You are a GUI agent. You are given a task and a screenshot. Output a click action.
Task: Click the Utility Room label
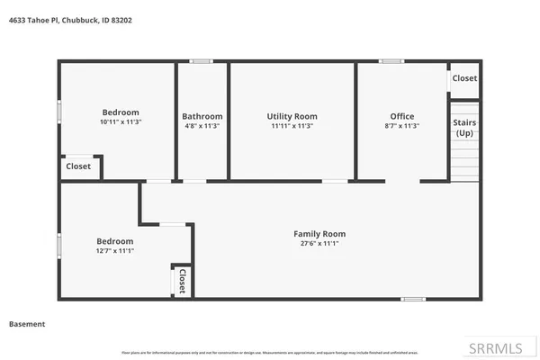(x=292, y=116)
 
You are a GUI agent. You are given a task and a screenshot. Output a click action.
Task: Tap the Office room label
(x=402, y=116)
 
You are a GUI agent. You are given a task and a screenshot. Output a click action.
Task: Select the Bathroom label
(x=202, y=116)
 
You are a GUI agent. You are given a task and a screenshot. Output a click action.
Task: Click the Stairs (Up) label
(x=464, y=127)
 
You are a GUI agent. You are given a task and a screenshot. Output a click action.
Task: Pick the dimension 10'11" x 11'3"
(x=120, y=121)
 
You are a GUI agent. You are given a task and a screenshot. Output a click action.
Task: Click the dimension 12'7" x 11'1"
(x=115, y=251)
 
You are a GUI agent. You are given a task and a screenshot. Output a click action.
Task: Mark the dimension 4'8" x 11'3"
(x=202, y=126)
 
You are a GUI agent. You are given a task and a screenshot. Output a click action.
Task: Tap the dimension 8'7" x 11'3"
(x=402, y=126)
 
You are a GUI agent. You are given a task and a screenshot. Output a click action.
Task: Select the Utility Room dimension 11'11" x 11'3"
(x=292, y=126)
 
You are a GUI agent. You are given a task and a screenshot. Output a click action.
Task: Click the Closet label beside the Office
(x=464, y=78)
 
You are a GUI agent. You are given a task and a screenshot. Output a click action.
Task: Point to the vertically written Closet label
(x=181, y=281)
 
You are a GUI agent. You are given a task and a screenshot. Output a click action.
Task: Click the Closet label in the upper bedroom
(x=78, y=166)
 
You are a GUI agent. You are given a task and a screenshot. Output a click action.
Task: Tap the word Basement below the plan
(x=27, y=324)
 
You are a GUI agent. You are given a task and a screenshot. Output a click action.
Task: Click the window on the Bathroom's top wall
(x=201, y=61)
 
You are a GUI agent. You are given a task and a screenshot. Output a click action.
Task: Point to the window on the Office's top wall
(x=391, y=61)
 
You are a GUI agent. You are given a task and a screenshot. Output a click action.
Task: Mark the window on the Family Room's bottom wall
(x=414, y=298)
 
